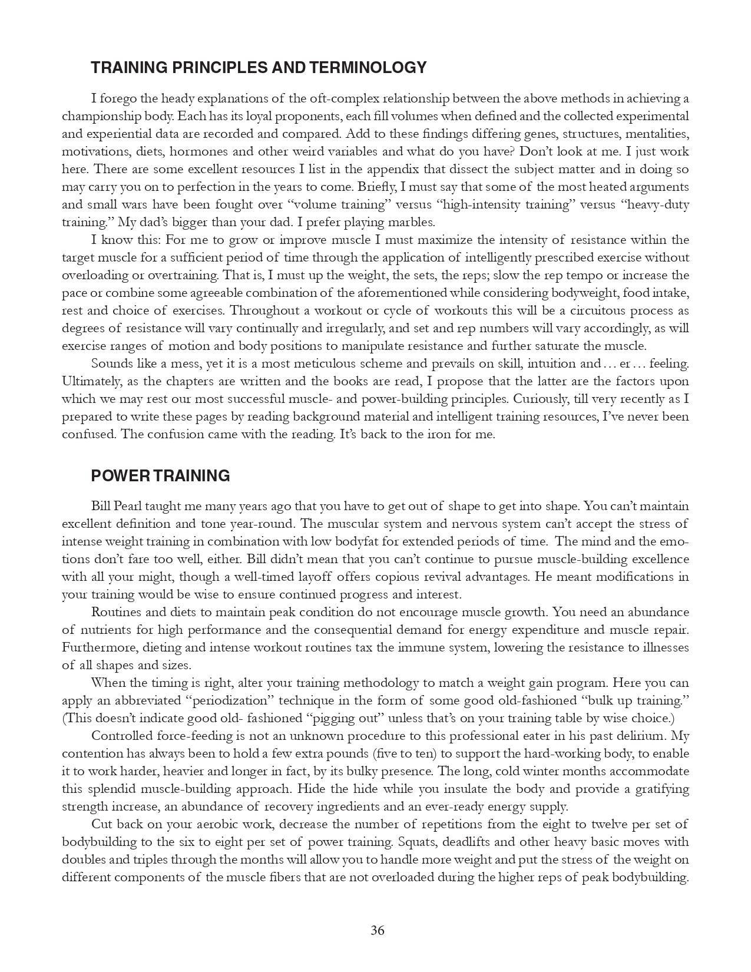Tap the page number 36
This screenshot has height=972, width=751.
[x=378, y=930]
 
